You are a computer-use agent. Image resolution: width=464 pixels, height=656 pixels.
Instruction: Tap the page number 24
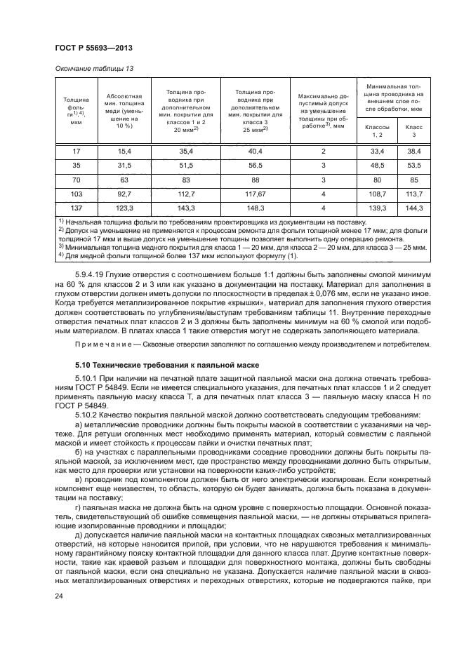pos(59,596)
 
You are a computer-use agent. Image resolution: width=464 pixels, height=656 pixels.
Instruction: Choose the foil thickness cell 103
pos(77,194)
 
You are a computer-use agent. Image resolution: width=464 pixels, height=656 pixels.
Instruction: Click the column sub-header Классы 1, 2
pos(378,130)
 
